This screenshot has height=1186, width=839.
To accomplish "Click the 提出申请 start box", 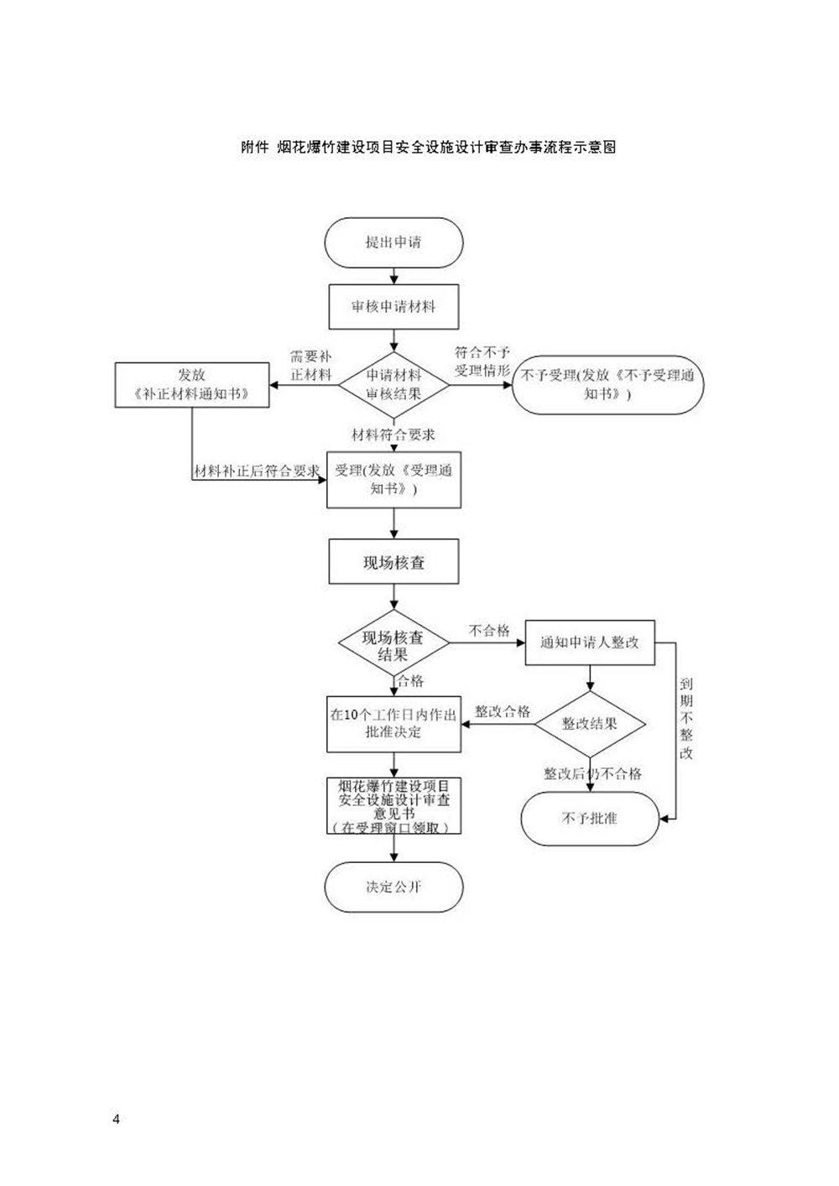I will tap(393, 242).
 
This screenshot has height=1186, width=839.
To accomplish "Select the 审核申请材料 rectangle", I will tap(393, 306).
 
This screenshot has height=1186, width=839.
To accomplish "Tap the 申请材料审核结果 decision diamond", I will tap(393, 385).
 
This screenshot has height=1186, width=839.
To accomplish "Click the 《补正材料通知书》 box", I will tap(192, 385).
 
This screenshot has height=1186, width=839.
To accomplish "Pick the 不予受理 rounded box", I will tap(607, 385).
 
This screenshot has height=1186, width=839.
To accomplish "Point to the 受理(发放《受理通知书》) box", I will tap(393, 480).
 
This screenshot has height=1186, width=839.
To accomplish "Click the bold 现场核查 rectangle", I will tap(393, 562).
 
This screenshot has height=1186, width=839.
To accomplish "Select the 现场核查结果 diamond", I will tap(393, 644).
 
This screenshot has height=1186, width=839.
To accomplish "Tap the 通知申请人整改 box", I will tap(590, 642).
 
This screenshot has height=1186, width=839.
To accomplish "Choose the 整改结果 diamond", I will tap(590, 723).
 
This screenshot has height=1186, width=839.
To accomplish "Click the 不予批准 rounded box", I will tap(590, 819).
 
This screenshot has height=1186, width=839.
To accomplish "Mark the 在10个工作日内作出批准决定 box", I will tap(393, 724).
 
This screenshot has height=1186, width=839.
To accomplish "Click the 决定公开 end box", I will tap(393, 887).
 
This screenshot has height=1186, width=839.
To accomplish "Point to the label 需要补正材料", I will tap(311, 367).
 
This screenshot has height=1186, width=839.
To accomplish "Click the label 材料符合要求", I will tap(393, 434).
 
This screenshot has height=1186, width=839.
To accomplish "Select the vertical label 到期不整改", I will tap(686, 719).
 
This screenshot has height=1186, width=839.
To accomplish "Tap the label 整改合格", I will tap(503, 711).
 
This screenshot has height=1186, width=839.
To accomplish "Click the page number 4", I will tap(116, 1119).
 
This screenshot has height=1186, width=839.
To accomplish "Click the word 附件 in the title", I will tap(254, 147).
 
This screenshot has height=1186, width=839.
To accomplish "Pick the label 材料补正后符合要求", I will tap(257, 471).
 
